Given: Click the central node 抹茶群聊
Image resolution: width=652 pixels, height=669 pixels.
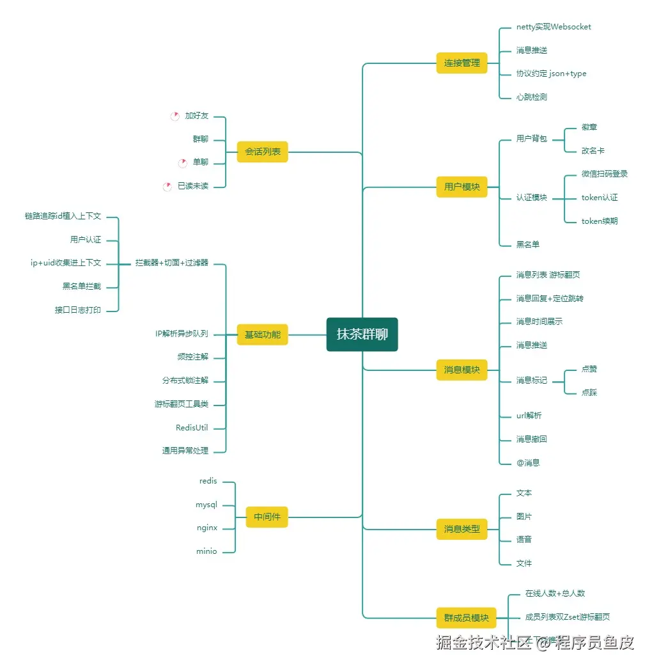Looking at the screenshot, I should tap(362, 334).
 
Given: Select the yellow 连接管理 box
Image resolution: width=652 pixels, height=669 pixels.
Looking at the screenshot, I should tap(462, 63).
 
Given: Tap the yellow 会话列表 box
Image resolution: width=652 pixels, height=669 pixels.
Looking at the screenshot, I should tap(262, 152).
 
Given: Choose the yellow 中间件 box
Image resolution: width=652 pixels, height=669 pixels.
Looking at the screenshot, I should tap(267, 517).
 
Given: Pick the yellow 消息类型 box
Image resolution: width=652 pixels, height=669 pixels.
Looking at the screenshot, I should tap(462, 529).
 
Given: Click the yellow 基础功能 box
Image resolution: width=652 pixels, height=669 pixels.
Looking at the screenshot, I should tap(262, 334).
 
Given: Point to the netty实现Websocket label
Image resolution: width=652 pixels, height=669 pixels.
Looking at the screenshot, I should tap(554, 27).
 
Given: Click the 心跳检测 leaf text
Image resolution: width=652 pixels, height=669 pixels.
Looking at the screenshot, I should tap(531, 97).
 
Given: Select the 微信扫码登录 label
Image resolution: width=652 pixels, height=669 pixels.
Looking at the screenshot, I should tap(604, 174).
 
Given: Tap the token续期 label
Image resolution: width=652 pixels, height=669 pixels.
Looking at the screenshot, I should tap(599, 221).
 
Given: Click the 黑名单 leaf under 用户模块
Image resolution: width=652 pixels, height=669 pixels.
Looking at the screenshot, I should tap(528, 244).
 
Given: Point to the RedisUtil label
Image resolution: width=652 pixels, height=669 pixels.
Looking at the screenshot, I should tap(192, 428).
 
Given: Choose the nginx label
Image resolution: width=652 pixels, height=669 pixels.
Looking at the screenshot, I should tap(207, 528).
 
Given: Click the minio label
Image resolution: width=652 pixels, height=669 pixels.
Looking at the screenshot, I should tap(206, 551).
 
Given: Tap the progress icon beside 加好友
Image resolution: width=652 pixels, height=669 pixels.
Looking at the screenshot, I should tap(175, 116).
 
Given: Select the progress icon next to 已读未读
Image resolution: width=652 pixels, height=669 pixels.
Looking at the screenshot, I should tap(167, 186).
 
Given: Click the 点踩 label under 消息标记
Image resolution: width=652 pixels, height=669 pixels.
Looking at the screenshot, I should tap(589, 393).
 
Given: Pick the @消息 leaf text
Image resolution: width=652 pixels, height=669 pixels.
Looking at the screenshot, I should tap(528, 462).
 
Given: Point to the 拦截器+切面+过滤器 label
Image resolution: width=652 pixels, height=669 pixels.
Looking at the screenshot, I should tap(171, 263).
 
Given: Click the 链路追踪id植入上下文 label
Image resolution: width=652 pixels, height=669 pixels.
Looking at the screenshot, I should tap(63, 217).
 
